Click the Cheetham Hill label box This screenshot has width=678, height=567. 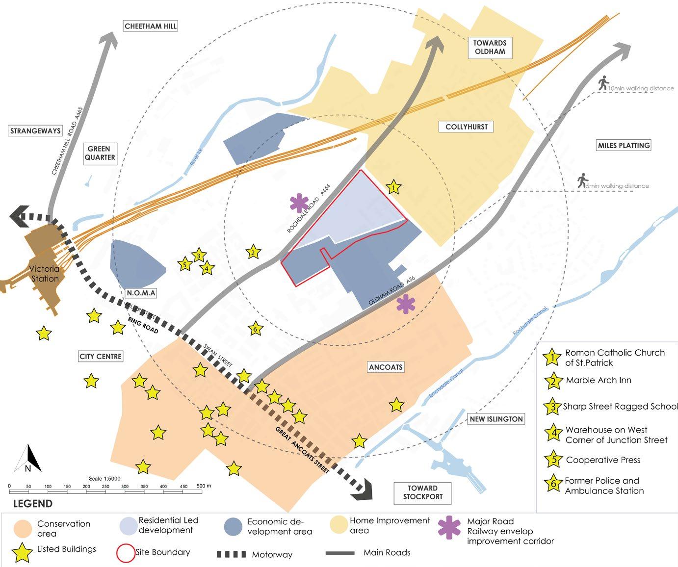click(x=150, y=26)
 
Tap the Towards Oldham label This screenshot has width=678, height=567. click(x=490, y=47)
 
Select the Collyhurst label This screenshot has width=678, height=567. click(x=466, y=127)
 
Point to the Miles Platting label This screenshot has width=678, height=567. click(x=624, y=145)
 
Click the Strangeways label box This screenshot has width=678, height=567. click(x=36, y=131)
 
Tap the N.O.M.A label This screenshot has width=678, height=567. click(x=141, y=293)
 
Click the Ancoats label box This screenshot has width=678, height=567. click(x=386, y=367)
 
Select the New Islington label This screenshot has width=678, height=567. click(x=496, y=419)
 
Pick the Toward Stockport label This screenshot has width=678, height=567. click(x=422, y=492)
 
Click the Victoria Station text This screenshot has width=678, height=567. click(x=45, y=274)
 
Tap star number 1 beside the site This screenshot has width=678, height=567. click(x=393, y=187)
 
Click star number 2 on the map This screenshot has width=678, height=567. click(x=253, y=253)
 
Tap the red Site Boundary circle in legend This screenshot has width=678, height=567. click(x=126, y=553)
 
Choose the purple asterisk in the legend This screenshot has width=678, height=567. click(x=450, y=527)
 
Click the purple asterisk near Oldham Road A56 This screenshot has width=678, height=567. click(x=405, y=304)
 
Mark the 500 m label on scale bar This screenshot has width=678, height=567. click(x=203, y=486)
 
